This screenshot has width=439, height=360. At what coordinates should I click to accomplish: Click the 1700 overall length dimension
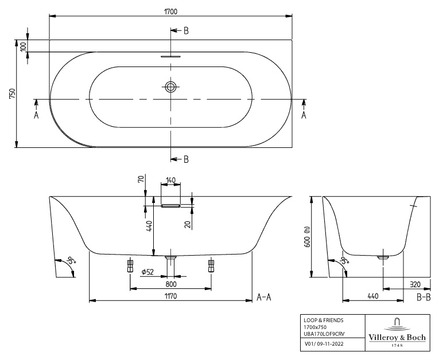point(170,11)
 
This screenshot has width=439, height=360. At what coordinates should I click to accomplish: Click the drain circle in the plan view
point(170,87)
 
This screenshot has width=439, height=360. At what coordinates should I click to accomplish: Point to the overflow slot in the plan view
point(170,56)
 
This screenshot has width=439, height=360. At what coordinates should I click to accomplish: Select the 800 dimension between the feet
point(170,283)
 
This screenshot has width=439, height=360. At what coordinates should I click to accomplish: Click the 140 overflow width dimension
point(170,181)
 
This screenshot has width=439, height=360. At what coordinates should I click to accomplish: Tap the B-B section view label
point(424,297)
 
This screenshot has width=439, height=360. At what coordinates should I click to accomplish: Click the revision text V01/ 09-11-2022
point(323,344)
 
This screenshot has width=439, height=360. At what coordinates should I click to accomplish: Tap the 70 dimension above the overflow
point(140,179)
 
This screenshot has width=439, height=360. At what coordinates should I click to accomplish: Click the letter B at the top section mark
point(186,31)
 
